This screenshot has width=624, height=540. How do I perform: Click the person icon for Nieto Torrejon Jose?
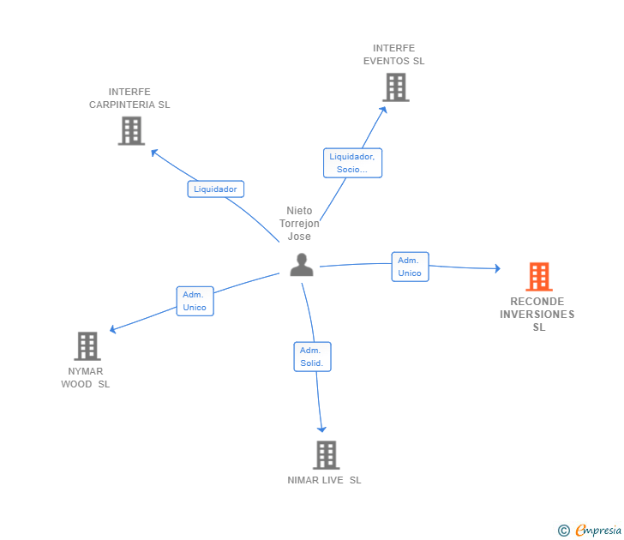click(302, 265)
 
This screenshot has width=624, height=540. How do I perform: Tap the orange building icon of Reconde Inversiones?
click(539, 277)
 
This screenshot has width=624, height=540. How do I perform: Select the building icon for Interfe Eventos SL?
click(396, 87)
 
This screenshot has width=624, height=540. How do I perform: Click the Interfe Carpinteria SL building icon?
click(131, 131)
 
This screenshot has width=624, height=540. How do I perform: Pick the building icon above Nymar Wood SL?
click(87, 346)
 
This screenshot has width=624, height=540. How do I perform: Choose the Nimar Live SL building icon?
click(327, 455)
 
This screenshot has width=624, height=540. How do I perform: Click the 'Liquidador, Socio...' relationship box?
click(352, 163)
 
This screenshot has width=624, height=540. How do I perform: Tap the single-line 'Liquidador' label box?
click(216, 189)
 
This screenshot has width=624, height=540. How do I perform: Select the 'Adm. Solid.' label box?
click(312, 357)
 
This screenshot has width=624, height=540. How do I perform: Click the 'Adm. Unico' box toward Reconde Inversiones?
click(411, 267)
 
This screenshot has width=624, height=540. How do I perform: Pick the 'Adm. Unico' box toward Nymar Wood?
click(195, 301)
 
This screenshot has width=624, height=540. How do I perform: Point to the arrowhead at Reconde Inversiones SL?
click(497, 268)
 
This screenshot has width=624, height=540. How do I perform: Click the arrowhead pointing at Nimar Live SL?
click(321, 429)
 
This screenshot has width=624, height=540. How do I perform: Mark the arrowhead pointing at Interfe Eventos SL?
click(384, 110)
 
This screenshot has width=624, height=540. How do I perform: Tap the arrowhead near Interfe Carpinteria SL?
click(154, 152)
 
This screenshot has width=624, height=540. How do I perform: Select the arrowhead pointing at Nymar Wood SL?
click(112, 329)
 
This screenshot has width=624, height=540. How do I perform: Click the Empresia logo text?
click(598, 531)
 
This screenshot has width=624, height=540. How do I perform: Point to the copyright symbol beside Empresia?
click(563, 531)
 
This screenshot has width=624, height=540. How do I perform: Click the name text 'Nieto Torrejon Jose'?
click(299, 223)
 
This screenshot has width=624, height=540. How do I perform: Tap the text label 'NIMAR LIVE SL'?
click(324, 480)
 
